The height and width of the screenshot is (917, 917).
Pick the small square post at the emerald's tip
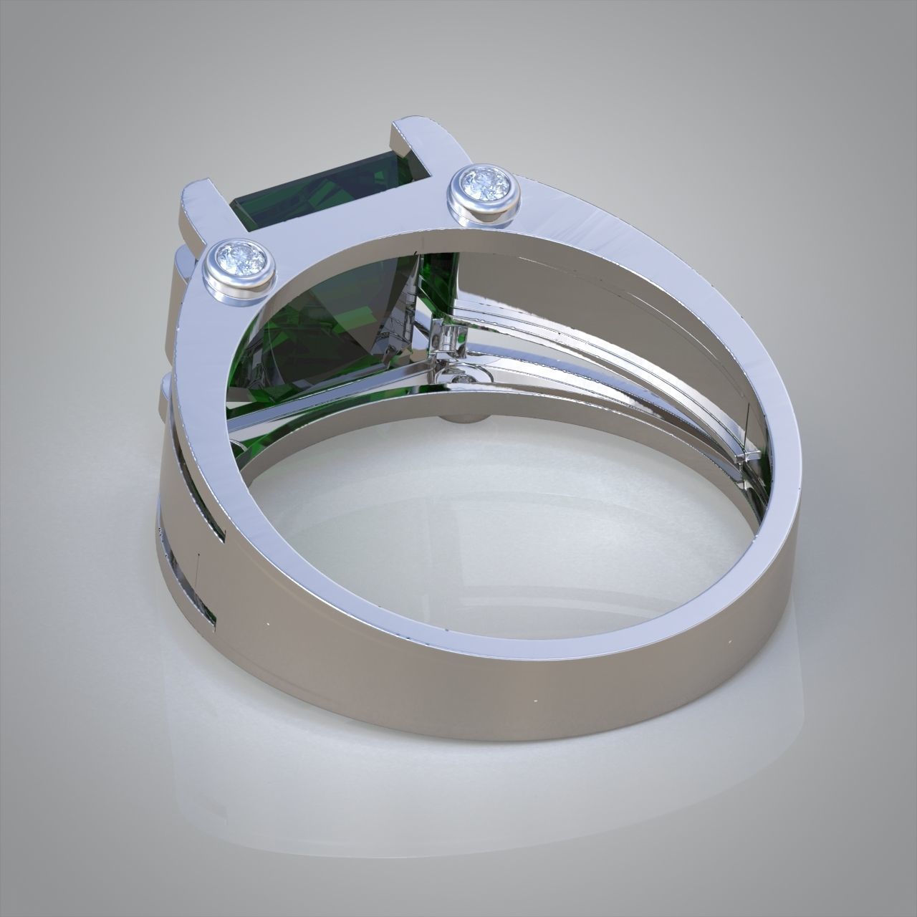pyautogui.click(x=448, y=337)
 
